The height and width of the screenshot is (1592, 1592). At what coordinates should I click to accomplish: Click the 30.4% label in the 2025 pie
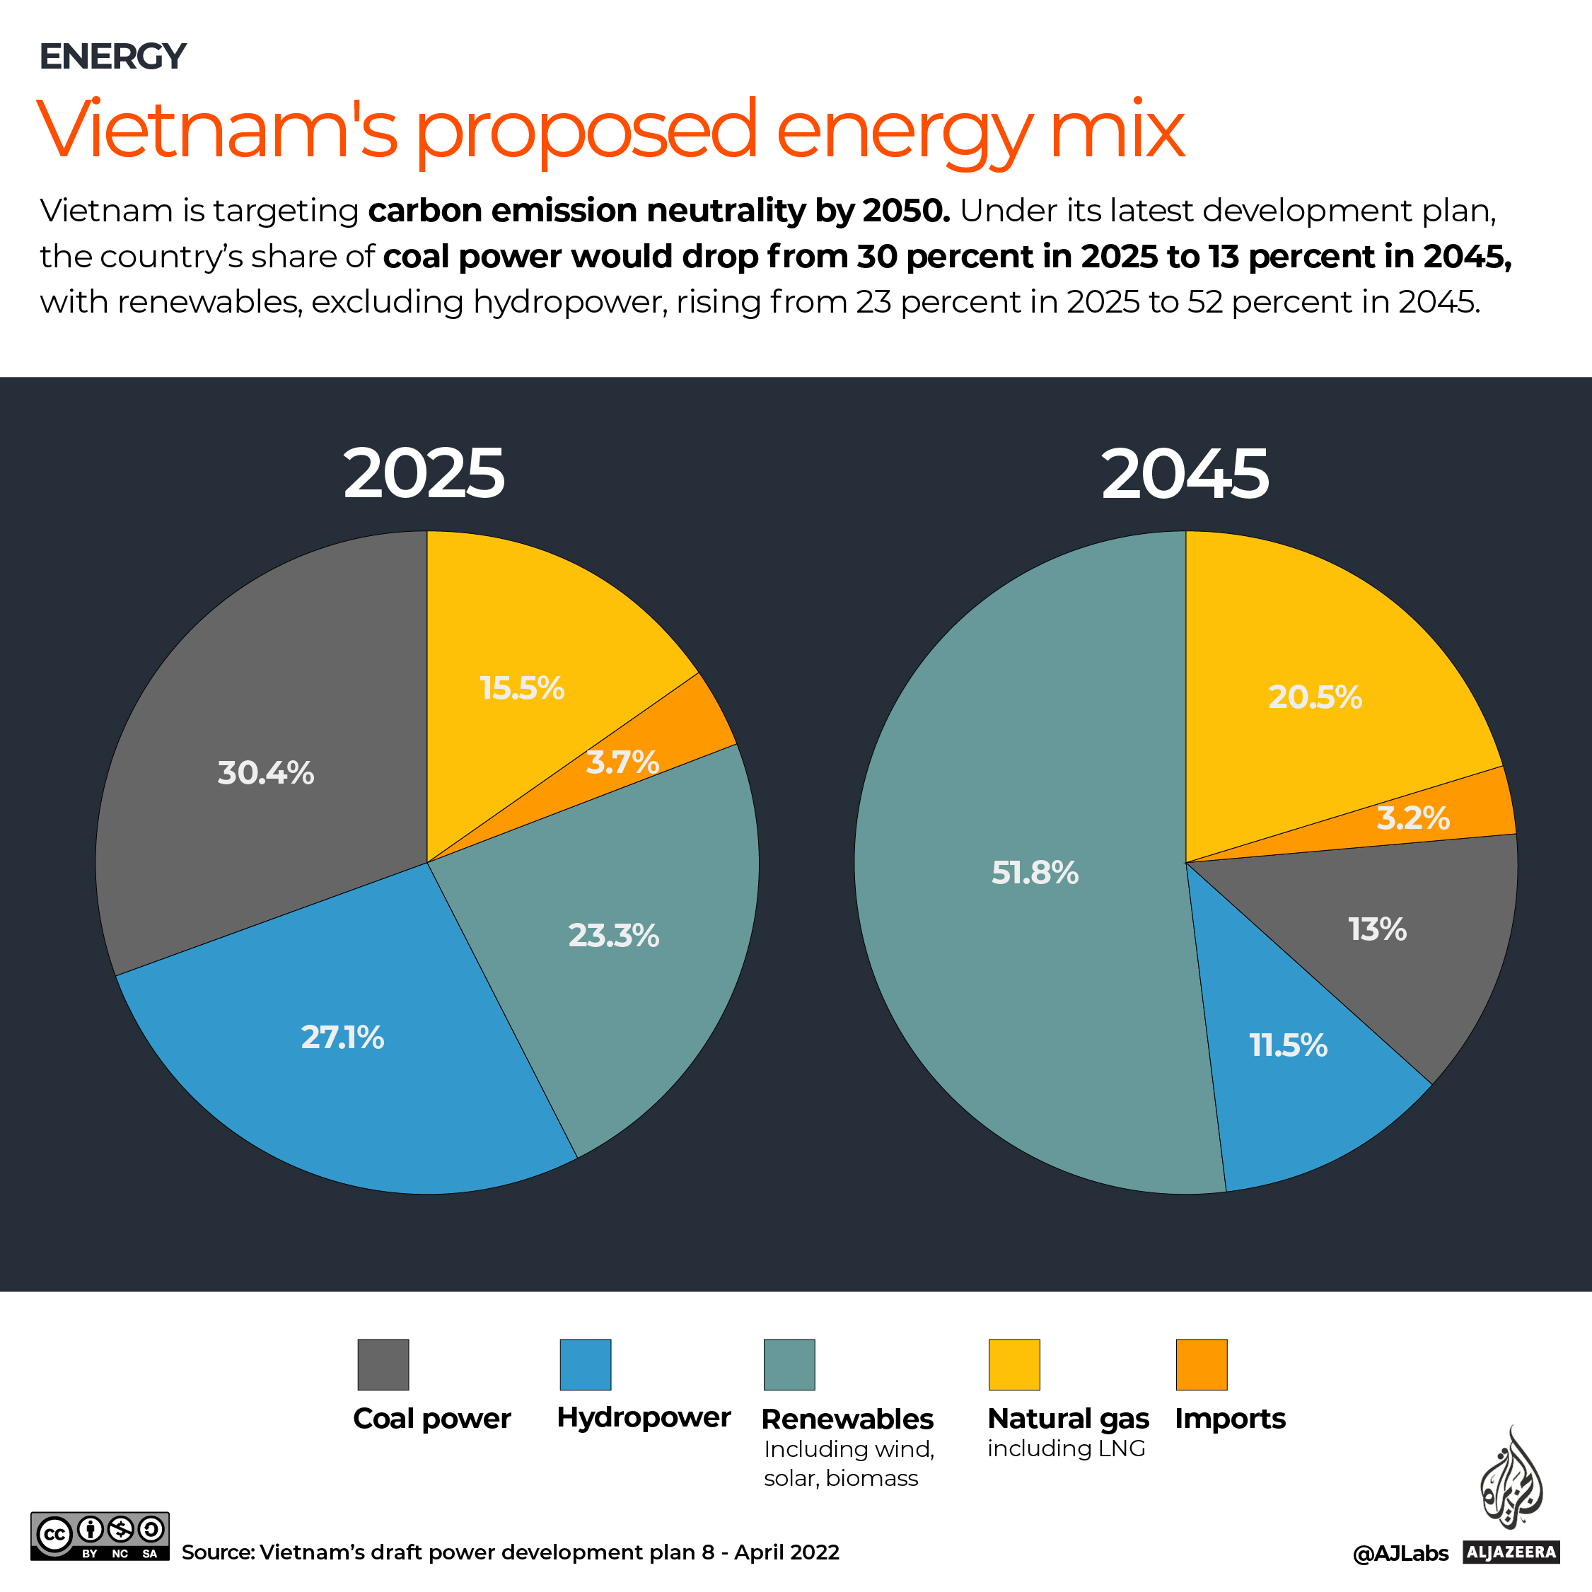point(265,773)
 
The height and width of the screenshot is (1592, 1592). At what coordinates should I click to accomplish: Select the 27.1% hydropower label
point(342,1037)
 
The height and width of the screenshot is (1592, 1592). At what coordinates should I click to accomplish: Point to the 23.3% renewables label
point(613,935)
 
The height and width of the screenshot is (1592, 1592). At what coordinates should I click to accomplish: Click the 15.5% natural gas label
point(522,687)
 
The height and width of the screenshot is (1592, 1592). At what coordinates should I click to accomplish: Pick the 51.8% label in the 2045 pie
point(1034,872)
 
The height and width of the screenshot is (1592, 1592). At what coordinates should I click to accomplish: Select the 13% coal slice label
point(1377,929)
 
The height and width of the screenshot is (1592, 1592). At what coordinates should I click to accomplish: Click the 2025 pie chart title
point(424,473)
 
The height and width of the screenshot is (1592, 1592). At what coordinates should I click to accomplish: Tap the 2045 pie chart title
point(1184,473)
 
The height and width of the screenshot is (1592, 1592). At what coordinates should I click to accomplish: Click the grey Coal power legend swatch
point(383,1364)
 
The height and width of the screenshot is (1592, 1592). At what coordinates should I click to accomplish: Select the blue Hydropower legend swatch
point(585,1364)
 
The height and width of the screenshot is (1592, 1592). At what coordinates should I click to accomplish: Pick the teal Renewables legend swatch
point(789,1364)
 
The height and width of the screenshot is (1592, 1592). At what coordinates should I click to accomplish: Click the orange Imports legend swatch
point(1201,1364)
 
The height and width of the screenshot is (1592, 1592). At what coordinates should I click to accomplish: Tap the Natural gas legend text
point(1067,1418)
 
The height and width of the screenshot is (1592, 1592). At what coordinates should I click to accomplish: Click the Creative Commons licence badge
point(100,1536)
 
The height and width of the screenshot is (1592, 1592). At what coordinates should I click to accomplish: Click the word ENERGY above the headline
point(113,56)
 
